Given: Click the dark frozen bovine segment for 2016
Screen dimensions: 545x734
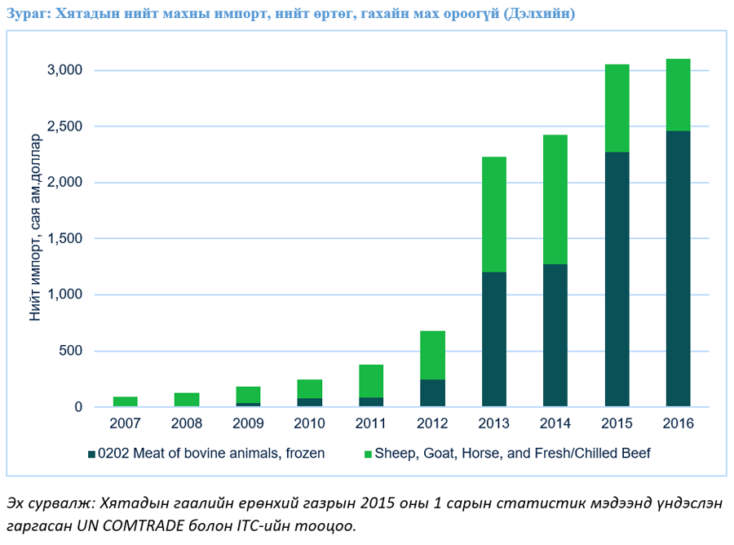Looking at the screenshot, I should coord(678,268).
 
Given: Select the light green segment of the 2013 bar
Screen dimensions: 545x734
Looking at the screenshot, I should coord(493,214).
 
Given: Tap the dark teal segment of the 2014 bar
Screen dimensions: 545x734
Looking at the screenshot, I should coord(555,335).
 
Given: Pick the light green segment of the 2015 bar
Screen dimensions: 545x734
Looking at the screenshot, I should coord(617,108).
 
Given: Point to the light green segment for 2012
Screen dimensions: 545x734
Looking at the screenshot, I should coord(432,355).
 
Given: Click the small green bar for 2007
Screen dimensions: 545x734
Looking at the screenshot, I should coord(125,401).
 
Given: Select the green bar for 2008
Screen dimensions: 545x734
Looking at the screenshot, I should coord(187,400).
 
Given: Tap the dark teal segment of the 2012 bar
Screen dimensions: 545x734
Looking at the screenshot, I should coord(432,392).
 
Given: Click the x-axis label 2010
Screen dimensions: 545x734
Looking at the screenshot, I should coord(309,423).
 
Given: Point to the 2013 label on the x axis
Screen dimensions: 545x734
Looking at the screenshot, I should coord(493,423).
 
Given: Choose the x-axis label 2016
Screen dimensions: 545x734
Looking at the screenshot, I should coord(678,423).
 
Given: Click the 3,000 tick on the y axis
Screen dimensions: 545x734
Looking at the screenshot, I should coord(66,71).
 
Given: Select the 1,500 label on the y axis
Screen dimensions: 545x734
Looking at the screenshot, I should coord(66,239).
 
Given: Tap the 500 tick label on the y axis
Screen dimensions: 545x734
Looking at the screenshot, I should coord(73,352).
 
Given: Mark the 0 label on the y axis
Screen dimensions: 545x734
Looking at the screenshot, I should coord(79,407).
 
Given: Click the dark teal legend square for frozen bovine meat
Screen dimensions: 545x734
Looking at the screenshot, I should coord(91,453).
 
